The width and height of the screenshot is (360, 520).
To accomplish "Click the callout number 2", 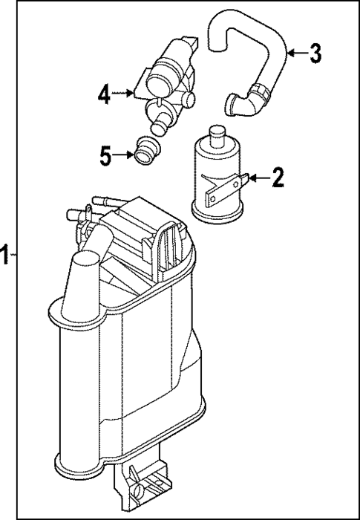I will [x=277, y=177].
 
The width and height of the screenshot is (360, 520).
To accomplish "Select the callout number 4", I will [x=105, y=94].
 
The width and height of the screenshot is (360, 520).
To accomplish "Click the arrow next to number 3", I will [x=296, y=53].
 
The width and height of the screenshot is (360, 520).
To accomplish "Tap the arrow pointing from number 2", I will [x=258, y=178].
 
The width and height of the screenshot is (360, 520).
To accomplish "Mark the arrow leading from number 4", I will [x=123, y=94].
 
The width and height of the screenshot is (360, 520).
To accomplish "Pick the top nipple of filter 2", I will [x=217, y=134].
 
